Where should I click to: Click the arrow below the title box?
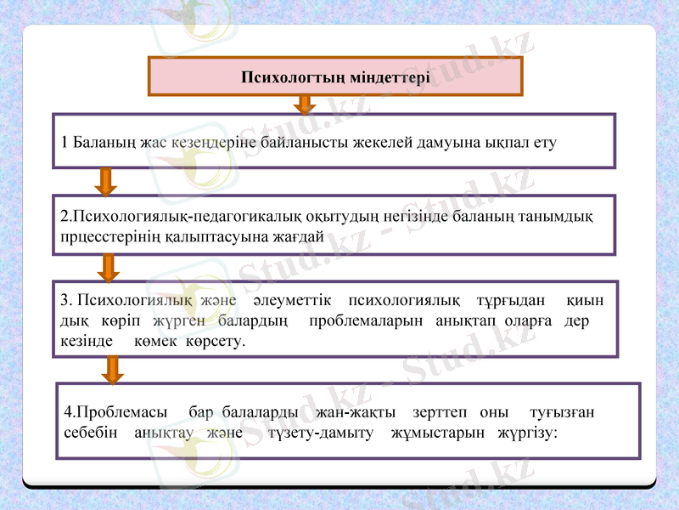click(305, 104)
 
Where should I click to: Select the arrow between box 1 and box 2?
click(107, 180)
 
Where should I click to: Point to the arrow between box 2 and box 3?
click(109, 267)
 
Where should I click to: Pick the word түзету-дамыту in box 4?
click(321, 433)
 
